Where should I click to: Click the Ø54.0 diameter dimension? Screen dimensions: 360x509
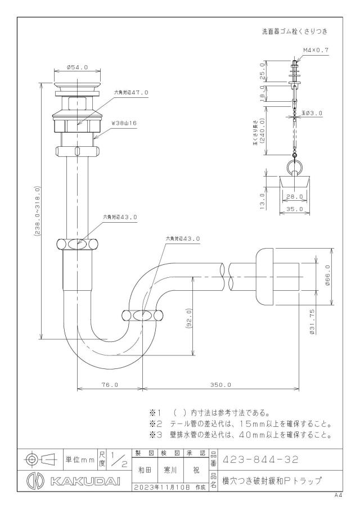click(x=77, y=67)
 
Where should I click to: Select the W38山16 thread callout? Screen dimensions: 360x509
click(x=123, y=123)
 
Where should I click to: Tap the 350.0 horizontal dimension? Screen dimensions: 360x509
click(x=220, y=385)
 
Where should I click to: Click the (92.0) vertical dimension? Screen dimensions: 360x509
click(x=188, y=319)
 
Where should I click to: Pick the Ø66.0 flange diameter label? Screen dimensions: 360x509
click(x=327, y=275)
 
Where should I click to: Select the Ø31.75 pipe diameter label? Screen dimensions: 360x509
click(x=312, y=322)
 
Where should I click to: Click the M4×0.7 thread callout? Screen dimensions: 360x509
click(x=316, y=50)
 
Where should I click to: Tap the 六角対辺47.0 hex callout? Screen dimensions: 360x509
click(x=131, y=92)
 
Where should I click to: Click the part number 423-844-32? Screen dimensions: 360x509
click(x=260, y=460)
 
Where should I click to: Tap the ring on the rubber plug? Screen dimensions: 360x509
click(x=295, y=168)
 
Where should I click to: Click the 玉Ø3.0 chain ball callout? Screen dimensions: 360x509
click(x=312, y=113)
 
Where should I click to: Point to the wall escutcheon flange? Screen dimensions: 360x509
click(x=264, y=277)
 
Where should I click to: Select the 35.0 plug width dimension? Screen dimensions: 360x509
click(x=295, y=209)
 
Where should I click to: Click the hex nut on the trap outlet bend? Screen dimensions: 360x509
click(x=142, y=316)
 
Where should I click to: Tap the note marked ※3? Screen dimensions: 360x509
click(x=240, y=435)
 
